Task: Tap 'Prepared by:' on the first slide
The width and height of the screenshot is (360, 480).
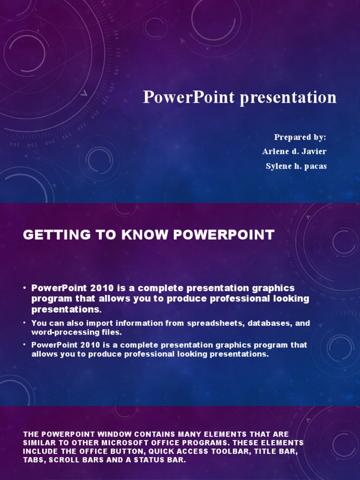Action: tap(300, 137)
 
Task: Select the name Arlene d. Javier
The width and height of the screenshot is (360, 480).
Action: tap(294, 151)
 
